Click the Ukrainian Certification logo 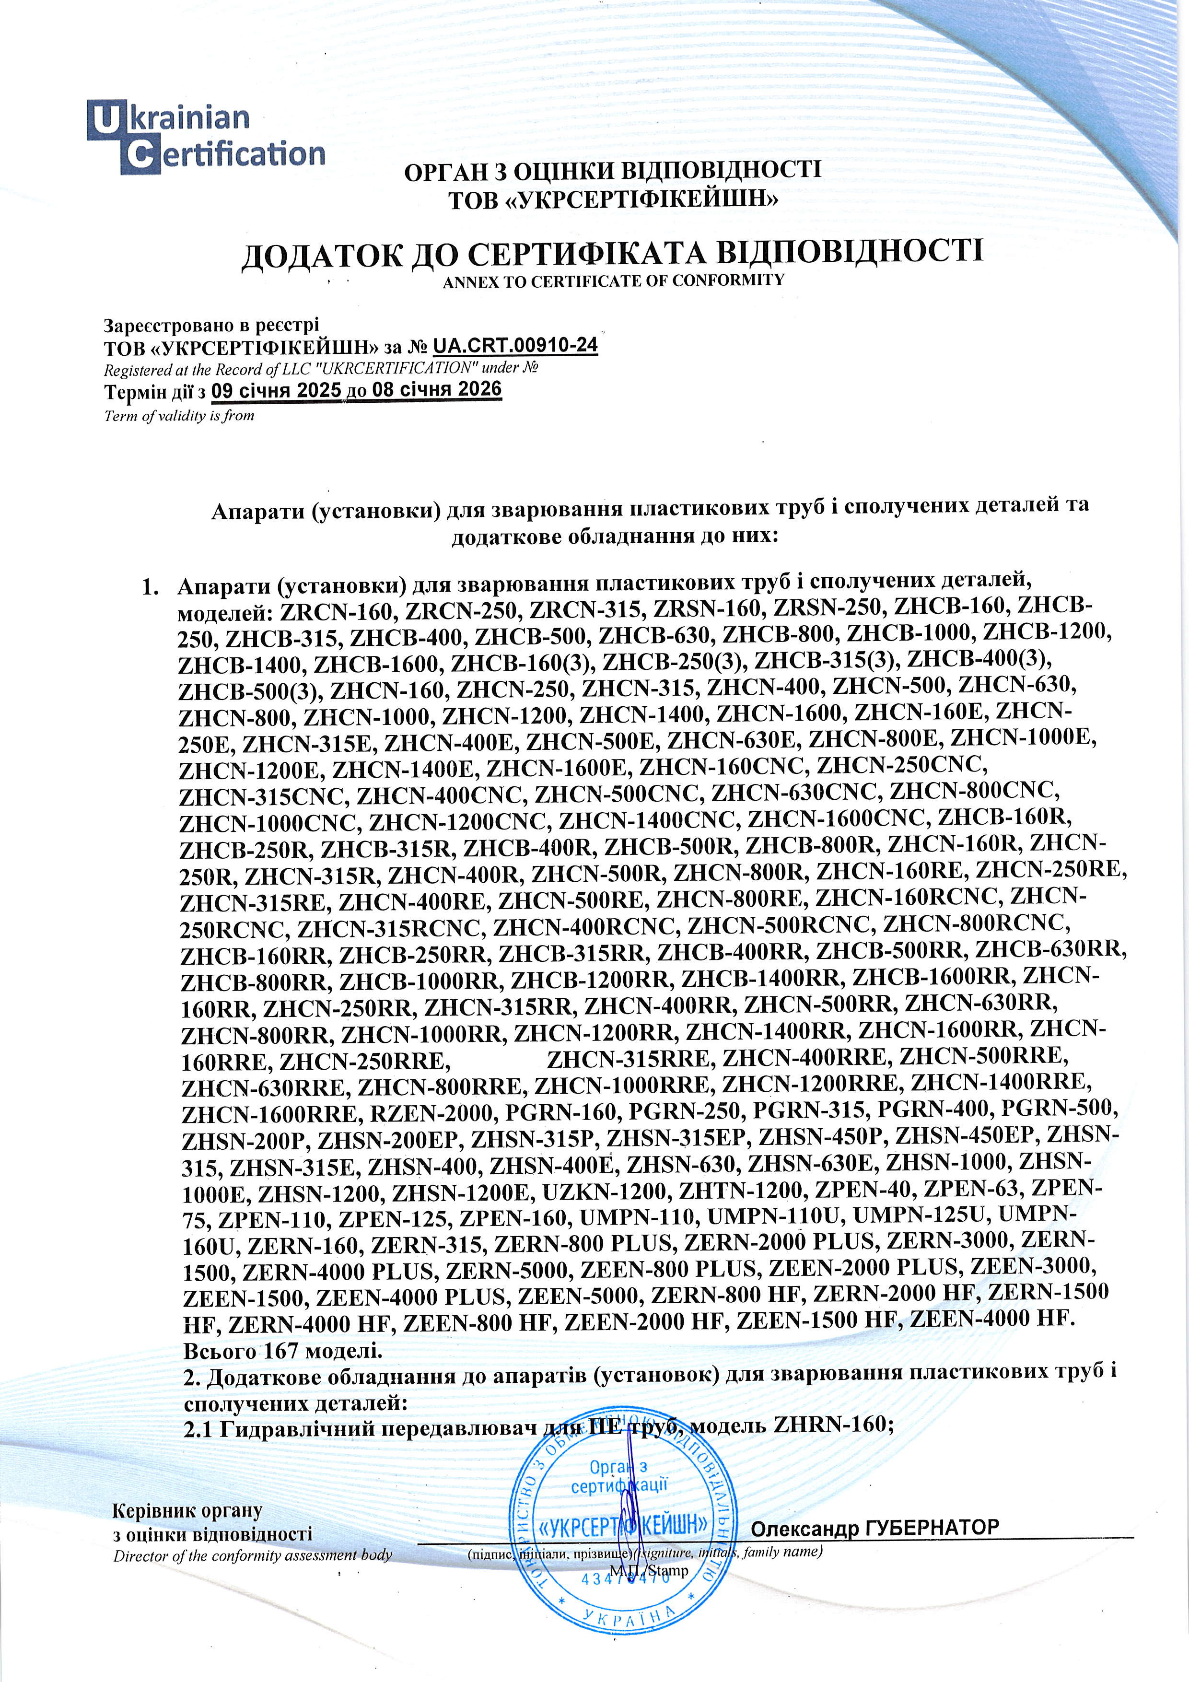[x=206, y=137]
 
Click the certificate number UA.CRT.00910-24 [x=515, y=345]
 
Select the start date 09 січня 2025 [x=276, y=390]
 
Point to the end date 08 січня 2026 [x=437, y=389]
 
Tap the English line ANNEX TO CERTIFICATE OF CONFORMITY [x=613, y=280]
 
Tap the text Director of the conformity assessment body [x=253, y=1555]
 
